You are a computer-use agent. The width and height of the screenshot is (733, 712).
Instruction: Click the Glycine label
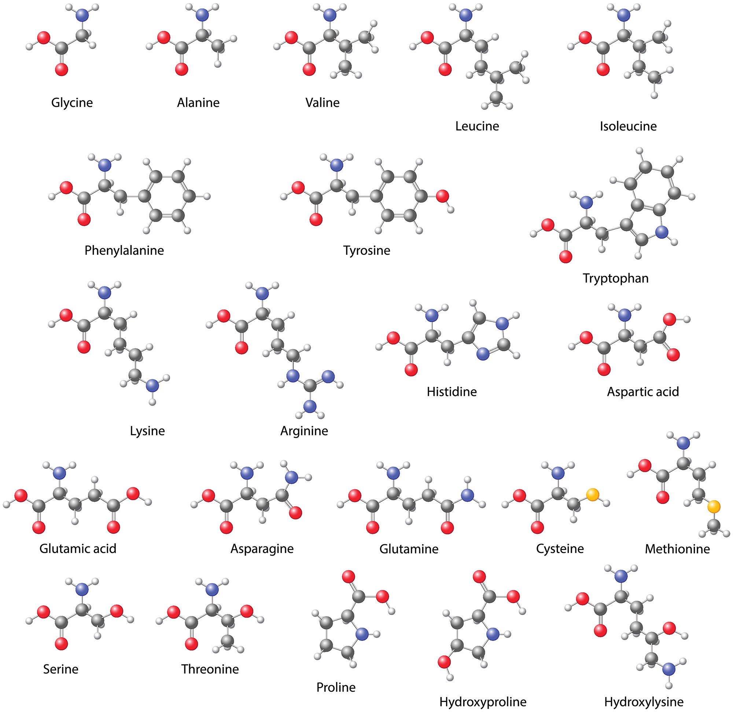pyautogui.click(x=72, y=103)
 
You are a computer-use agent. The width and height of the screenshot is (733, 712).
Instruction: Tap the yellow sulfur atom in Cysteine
pyautogui.click(x=592, y=495)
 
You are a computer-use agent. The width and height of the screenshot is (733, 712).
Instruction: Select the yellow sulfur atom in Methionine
pyautogui.click(x=714, y=507)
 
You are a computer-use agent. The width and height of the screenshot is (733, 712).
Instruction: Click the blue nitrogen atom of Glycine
pyautogui.click(x=82, y=15)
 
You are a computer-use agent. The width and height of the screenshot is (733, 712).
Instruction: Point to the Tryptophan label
pyautogui.click(x=615, y=278)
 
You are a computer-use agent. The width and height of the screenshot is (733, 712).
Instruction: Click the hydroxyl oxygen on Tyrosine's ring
pyautogui.click(x=442, y=196)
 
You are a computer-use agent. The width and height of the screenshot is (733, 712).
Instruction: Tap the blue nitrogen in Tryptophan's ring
pyautogui.click(x=662, y=232)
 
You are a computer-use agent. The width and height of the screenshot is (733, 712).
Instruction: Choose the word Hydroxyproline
pyautogui.click(x=483, y=702)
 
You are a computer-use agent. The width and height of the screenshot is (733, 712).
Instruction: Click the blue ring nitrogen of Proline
pyautogui.click(x=361, y=634)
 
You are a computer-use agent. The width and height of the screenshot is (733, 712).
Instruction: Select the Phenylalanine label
pyautogui.click(x=124, y=250)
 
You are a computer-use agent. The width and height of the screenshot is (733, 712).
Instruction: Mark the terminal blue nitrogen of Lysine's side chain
pyautogui.click(x=152, y=385)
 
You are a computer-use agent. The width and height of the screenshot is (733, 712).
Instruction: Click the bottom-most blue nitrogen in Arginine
pyautogui.click(x=309, y=406)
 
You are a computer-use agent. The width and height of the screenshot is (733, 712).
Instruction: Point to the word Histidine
pyautogui.click(x=452, y=392)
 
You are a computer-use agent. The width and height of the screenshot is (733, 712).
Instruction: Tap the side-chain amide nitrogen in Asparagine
pyautogui.click(x=291, y=477)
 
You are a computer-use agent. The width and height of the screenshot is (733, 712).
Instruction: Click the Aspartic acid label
pyautogui.click(x=643, y=392)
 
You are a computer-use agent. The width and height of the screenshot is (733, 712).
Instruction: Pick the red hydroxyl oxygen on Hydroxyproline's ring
pyautogui.click(x=444, y=662)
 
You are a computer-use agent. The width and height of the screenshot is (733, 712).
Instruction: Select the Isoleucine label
pyautogui.click(x=628, y=126)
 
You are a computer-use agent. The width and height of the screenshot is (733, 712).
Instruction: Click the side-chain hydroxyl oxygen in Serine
pyautogui.click(x=117, y=611)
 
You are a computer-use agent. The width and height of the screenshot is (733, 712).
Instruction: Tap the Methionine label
pyautogui.click(x=677, y=549)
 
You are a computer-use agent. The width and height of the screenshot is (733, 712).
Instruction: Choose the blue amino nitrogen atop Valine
pyautogui.click(x=329, y=15)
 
